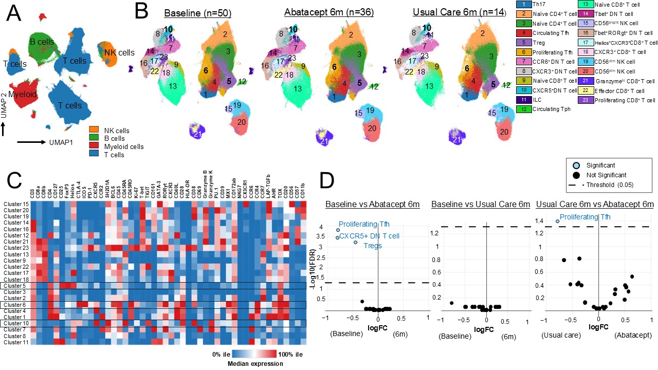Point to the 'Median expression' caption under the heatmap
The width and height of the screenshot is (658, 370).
256,363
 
